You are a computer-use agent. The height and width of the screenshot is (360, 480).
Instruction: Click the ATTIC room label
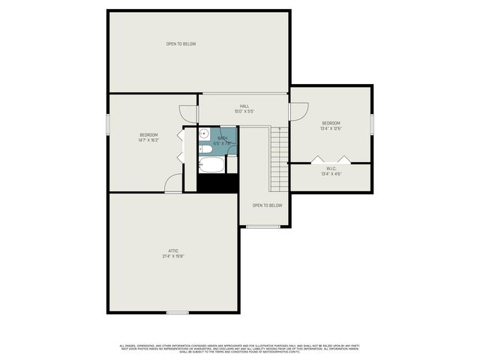point(173,250)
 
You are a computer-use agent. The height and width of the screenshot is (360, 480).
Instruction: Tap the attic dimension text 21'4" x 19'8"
point(173,256)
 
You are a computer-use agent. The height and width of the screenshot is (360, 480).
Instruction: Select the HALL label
point(244,106)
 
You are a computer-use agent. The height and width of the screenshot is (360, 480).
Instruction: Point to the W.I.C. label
point(331,169)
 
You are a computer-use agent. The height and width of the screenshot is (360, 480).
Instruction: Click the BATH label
point(222,138)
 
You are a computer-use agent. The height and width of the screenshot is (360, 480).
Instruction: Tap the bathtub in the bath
point(211,165)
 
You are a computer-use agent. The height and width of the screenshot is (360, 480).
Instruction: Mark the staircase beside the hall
point(278,150)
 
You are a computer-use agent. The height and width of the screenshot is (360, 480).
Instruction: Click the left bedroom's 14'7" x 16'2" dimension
point(148,140)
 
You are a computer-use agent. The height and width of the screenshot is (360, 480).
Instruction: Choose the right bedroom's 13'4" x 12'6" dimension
point(331,128)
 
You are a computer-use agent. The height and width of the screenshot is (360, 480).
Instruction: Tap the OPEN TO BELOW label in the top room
point(181,44)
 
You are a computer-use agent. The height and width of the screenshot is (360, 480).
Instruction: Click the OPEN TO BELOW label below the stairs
point(267,205)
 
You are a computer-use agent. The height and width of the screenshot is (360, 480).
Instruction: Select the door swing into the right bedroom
point(298,111)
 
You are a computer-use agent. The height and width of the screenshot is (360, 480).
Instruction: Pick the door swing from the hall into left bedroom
point(187,114)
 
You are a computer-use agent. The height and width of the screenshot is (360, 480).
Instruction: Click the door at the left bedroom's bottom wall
point(173,184)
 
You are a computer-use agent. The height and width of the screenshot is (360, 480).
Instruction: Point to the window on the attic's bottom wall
point(178,312)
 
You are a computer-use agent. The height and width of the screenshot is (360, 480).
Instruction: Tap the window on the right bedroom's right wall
point(371,124)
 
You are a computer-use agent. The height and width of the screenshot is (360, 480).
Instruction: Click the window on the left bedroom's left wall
point(109,124)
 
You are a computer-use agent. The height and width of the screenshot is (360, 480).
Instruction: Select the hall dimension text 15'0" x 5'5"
point(244,112)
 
